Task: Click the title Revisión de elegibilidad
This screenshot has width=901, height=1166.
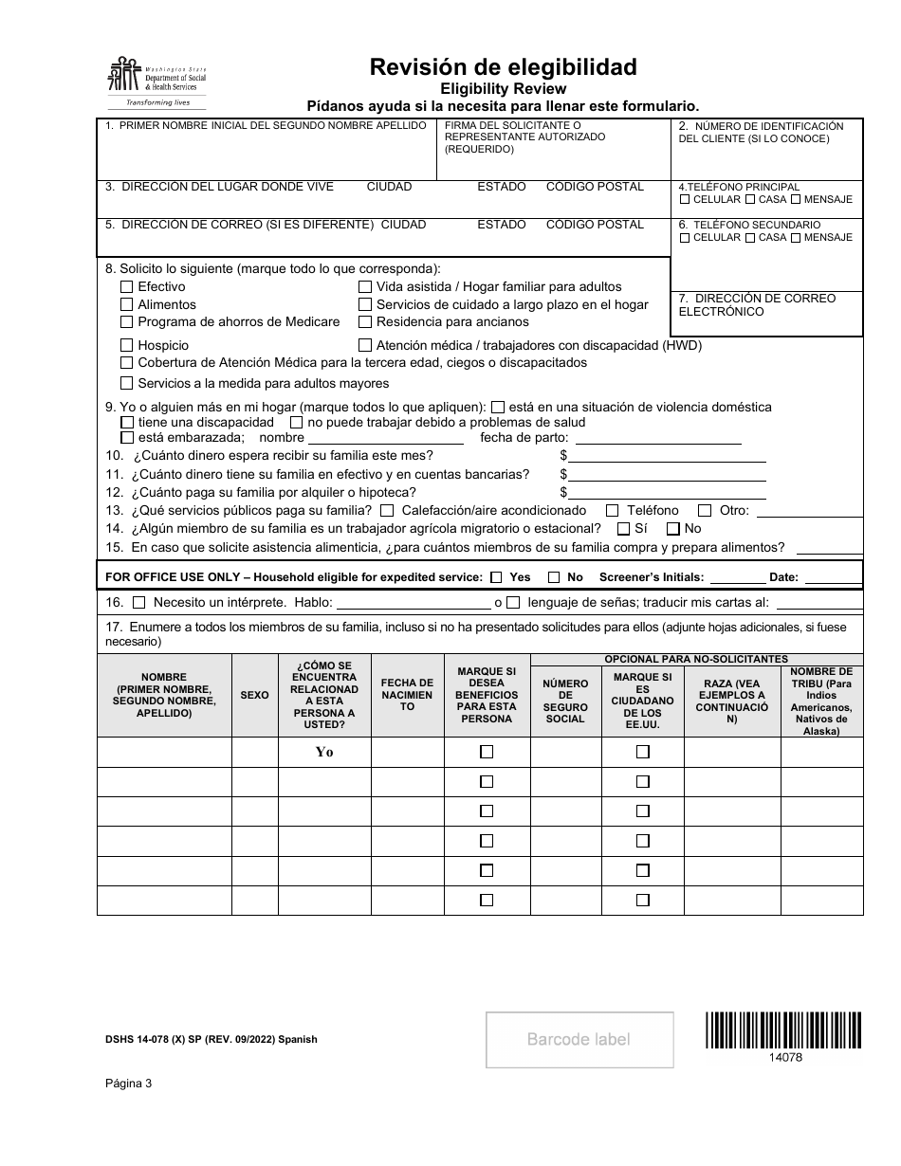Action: tap(503, 67)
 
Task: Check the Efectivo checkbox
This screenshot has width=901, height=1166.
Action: tap(127, 286)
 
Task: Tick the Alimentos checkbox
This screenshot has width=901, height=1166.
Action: tap(127, 304)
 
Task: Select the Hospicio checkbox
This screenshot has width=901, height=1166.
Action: tap(127, 346)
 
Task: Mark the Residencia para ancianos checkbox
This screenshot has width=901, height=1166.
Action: tap(365, 322)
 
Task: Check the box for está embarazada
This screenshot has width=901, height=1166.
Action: tap(127, 438)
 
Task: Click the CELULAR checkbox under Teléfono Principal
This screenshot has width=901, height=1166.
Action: tap(685, 200)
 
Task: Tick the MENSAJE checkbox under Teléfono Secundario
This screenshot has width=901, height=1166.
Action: tap(795, 238)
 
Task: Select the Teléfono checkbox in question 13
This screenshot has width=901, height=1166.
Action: tap(612, 511)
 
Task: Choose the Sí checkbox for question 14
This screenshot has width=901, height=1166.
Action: tap(623, 529)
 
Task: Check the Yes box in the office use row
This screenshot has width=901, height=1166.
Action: tap(497, 577)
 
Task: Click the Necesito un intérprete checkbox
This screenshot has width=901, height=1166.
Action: tap(139, 602)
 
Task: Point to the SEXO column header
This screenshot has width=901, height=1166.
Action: tap(254, 695)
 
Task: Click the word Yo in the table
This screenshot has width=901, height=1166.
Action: tap(324, 752)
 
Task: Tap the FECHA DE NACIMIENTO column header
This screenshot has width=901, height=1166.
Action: tap(407, 695)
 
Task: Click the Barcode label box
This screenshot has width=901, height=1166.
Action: tap(579, 1040)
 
